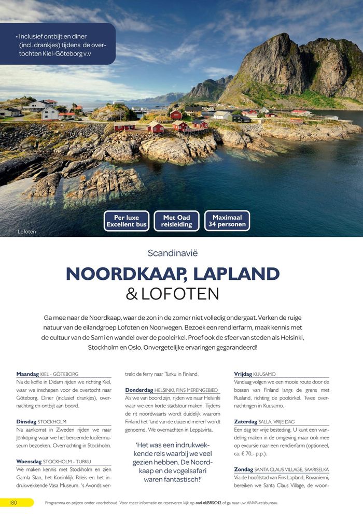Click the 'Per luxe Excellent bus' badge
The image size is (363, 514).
point(126,221)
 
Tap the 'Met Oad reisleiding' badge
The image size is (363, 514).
point(177,221)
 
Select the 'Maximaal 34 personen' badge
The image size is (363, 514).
point(227,221)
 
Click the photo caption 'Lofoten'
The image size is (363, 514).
point(26,232)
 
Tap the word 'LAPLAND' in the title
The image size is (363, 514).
point(239,274)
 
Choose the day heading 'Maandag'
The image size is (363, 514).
point(27,374)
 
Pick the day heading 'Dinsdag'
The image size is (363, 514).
point(27,422)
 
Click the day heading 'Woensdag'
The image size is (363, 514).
point(29,461)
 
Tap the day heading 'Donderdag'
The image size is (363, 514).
point(139,390)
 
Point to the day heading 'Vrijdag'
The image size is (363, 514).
point(243,374)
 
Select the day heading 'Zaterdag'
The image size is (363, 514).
point(245,422)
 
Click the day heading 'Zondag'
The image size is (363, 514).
point(243,469)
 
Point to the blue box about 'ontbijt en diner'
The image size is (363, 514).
point(58,44)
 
